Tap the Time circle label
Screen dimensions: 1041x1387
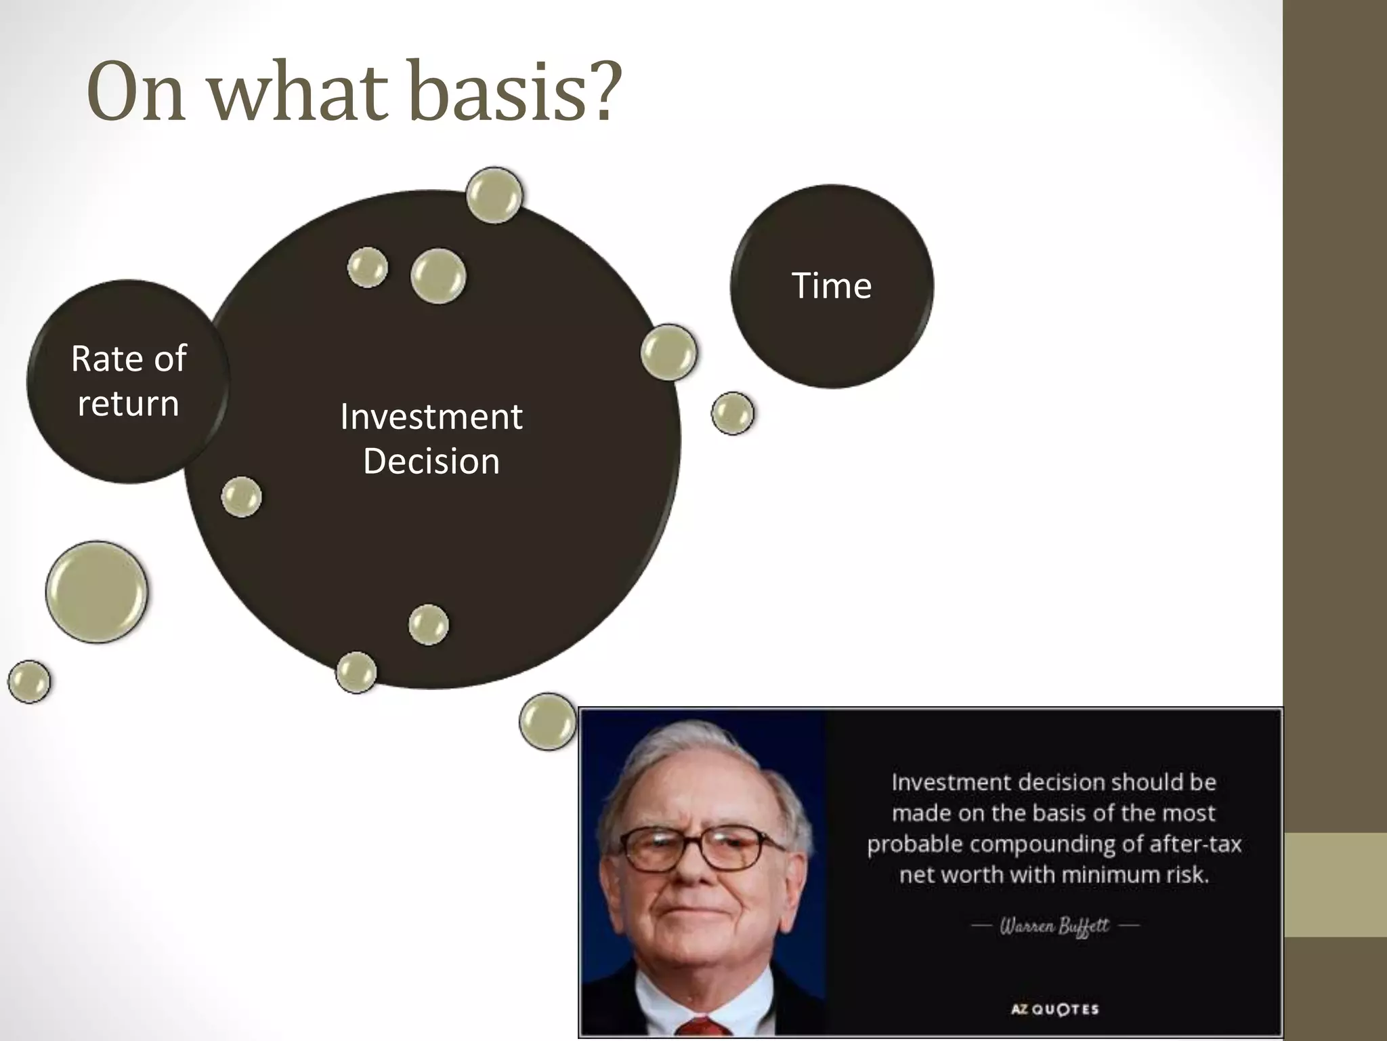831,285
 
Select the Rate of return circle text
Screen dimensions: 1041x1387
128,380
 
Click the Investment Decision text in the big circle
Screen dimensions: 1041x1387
431,438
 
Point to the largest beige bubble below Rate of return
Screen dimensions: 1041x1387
97,592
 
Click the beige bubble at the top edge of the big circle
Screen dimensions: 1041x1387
494,195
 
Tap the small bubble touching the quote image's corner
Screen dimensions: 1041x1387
547,721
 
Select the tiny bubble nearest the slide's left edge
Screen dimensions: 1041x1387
29,681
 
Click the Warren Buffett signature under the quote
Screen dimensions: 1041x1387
1054,925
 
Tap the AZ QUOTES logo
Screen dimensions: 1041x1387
1054,1009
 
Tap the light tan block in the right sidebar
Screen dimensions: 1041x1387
1335,884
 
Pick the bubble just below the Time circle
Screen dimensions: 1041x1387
732,413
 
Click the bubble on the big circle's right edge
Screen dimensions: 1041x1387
668,352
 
